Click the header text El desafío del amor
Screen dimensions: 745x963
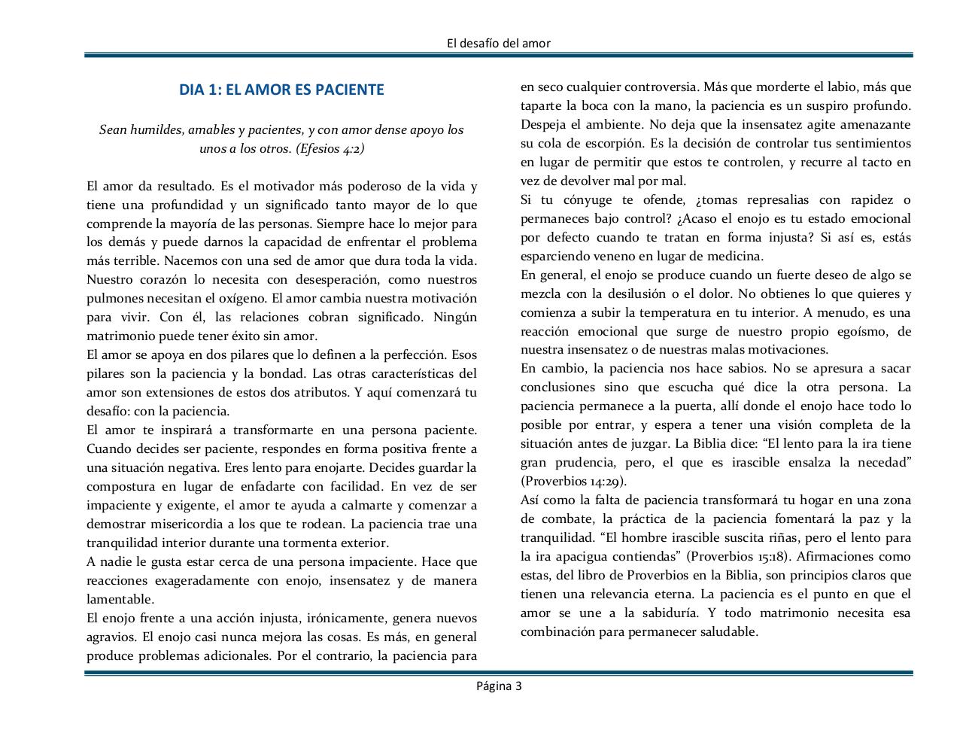click(498, 43)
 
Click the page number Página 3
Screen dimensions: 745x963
click(498, 686)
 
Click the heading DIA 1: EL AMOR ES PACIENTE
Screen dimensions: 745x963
click(281, 90)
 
